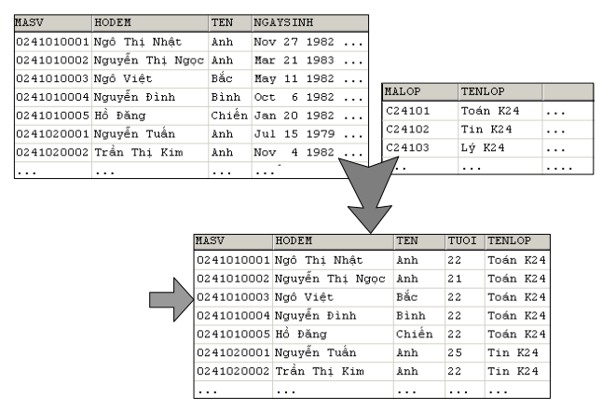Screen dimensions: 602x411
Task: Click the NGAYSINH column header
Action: tap(283, 22)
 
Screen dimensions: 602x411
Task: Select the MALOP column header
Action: tap(403, 91)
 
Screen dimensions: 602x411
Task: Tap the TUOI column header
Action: tap(462, 240)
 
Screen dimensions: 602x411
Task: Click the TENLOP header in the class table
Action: tap(483, 91)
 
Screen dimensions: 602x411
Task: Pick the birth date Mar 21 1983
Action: tap(294, 61)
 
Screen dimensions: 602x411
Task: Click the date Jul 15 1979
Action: tap(294, 134)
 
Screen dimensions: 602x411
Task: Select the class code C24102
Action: tap(407, 130)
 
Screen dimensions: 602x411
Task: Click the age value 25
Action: tap(455, 352)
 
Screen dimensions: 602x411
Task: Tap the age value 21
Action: tap(455, 279)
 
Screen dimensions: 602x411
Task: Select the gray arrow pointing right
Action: tap(171, 299)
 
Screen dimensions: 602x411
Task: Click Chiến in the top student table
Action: tap(229, 116)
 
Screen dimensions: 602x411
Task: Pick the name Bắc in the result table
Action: tap(407, 297)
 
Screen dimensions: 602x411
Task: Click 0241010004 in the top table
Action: tap(52, 97)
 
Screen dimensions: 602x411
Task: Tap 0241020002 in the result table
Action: tap(233, 371)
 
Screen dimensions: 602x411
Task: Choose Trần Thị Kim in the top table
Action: tap(139, 153)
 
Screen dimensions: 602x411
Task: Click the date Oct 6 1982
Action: tap(294, 97)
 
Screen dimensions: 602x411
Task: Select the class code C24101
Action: tap(407, 111)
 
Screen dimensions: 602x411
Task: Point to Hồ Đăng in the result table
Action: tap(301, 334)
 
